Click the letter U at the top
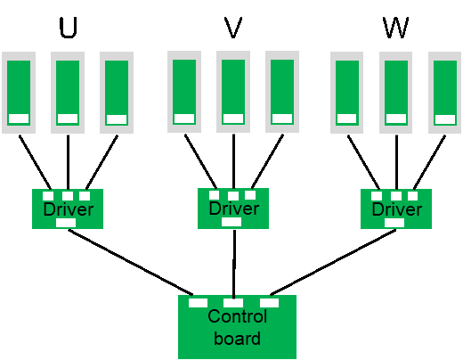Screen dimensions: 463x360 (69, 28)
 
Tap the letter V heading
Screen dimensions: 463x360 (233, 28)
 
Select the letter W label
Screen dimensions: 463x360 (395, 28)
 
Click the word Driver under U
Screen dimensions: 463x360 (69, 209)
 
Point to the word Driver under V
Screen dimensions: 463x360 (234, 209)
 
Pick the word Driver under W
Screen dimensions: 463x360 (397, 209)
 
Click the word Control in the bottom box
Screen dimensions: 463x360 (238, 316)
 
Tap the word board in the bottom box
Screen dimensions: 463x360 (238, 339)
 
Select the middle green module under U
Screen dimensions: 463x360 (68, 93)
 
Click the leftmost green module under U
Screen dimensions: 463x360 (19, 93)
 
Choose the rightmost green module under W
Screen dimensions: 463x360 (445, 93)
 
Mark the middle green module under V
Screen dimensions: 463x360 (233, 92)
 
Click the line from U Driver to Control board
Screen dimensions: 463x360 (131, 263)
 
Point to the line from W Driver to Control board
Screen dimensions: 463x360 (333, 262)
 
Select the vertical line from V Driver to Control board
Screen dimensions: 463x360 (234, 265)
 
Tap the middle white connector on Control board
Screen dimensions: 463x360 (233, 303)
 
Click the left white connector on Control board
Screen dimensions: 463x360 (198, 303)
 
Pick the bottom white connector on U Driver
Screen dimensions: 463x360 (66, 223)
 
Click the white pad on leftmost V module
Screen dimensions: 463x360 (184, 119)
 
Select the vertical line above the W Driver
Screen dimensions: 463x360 (396, 162)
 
